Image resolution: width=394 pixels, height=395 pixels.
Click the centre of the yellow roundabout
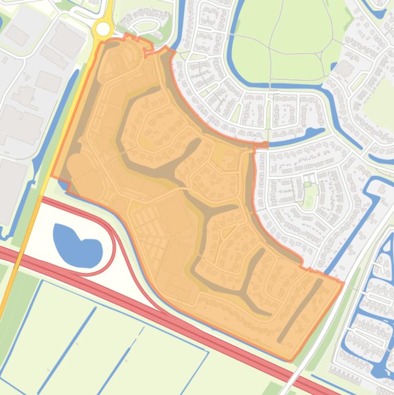pos(103,29)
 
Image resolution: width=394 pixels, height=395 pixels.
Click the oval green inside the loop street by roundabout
pos(146,26)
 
